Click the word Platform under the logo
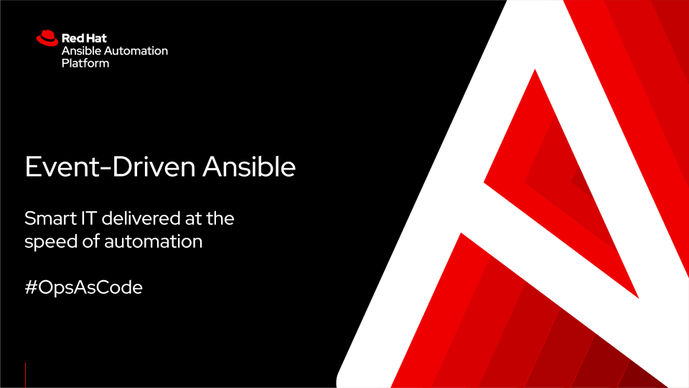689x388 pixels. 85,63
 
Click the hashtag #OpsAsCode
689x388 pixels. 83,287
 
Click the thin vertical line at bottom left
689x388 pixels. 26,374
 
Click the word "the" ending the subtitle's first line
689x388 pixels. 219,218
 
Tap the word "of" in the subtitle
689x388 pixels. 91,241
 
